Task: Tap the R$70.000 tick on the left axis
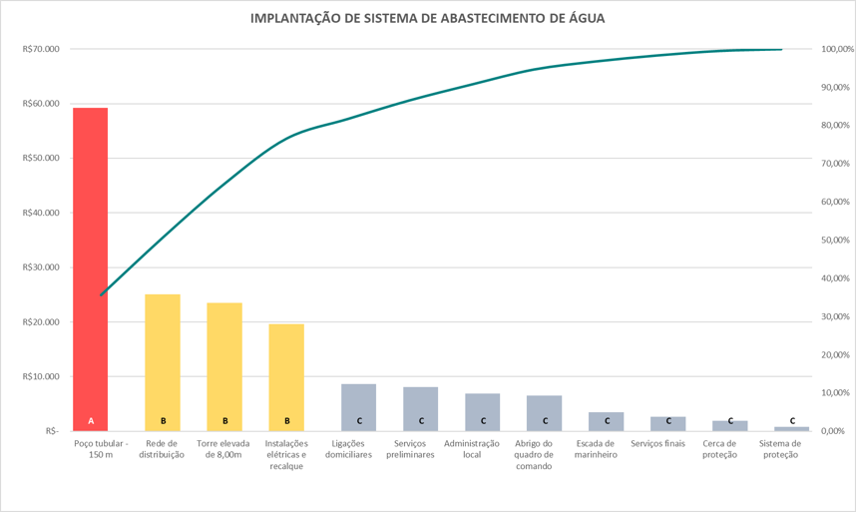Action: (40, 49)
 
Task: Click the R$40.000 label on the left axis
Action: (40, 213)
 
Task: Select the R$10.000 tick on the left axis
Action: (40, 376)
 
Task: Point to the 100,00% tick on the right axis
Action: (834, 49)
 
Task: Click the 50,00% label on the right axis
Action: (834, 241)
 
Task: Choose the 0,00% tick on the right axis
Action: (834, 431)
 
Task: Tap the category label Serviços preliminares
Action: (421, 448)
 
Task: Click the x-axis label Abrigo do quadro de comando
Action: (545, 454)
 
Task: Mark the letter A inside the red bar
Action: (91, 421)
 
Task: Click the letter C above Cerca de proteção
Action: (730, 421)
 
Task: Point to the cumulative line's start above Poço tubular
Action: (101, 295)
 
